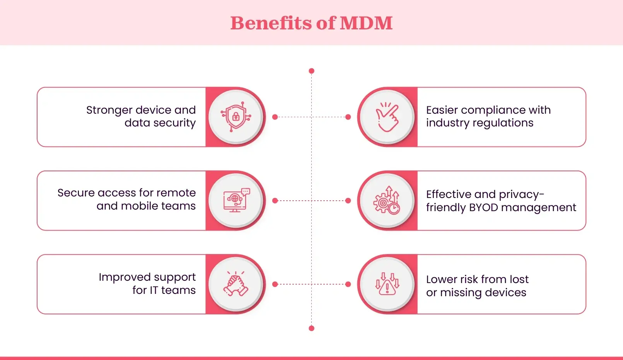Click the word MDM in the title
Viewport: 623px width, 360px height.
tap(366, 23)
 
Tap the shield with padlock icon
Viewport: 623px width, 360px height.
tap(236, 117)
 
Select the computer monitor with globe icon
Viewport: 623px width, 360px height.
tap(236, 200)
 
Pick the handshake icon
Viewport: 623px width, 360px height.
tap(236, 284)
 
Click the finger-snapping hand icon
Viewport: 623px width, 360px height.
tap(387, 117)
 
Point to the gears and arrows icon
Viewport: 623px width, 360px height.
tap(387, 200)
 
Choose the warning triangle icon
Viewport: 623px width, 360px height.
tap(387, 284)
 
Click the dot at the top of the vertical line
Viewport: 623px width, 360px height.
tap(311, 71)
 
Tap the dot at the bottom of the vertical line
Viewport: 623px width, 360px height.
tap(311, 328)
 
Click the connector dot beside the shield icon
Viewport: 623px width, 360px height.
tap(275, 117)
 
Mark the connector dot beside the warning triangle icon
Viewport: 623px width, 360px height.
tap(348, 284)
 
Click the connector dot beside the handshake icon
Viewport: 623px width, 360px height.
tap(275, 284)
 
